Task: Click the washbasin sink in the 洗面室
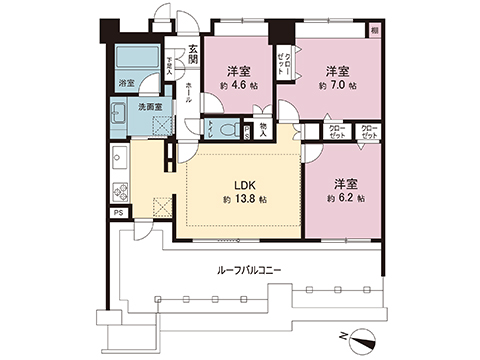119,112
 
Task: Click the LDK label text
244,185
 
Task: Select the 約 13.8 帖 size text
244,200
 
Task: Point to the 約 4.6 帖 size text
237,87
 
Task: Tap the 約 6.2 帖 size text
348,199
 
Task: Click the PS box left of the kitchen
117,213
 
